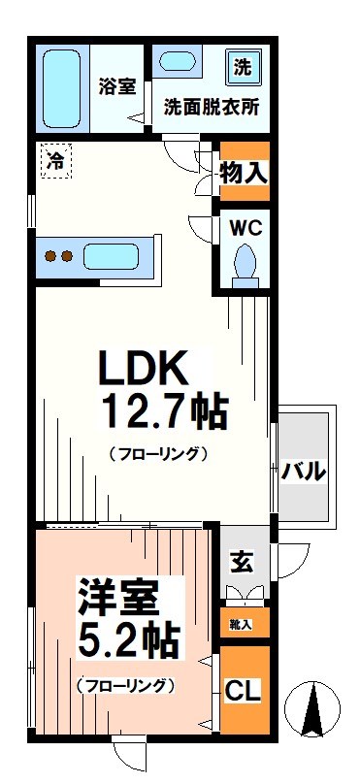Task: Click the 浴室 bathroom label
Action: pos(116,85)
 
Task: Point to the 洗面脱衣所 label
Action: pos(211,108)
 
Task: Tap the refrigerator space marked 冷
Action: pos(57,161)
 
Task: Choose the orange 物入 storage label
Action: pos(243,174)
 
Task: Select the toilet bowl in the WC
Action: pos(244,261)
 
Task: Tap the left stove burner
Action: pos(50,257)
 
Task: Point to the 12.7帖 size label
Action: pos(164,411)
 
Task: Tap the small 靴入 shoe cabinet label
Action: pos(242,624)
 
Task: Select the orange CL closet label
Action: pos(242,692)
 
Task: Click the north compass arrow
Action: pos(313,714)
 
